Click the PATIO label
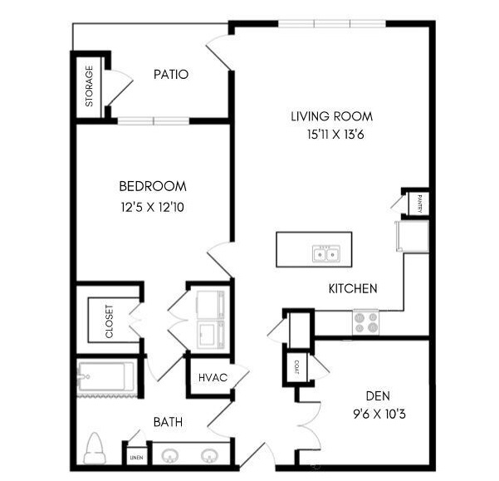(x=171, y=75)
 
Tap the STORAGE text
(x=89, y=86)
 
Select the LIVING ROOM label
(x=331, y=116)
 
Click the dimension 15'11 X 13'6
(x=335, y=135)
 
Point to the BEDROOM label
(x=153, y=186)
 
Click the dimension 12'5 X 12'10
(x=153, y=207)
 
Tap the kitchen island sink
(x=325, y=254)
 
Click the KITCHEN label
(x=353, y=289)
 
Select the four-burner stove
(x=365, y=321)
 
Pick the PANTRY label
(x=419, y=204)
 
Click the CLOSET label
(x=109, y=321)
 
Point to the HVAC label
(x=213, y=377)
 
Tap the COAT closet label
(x=296, y=367)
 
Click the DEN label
(x=378, y=396)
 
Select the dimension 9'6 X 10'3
(x=379, y=415)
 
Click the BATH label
(x=168, y=422)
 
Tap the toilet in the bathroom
(x=95, y=449)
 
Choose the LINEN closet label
(x=136, y=458)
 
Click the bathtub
(x=106, y=376)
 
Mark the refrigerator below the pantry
(x=413, y=237)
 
